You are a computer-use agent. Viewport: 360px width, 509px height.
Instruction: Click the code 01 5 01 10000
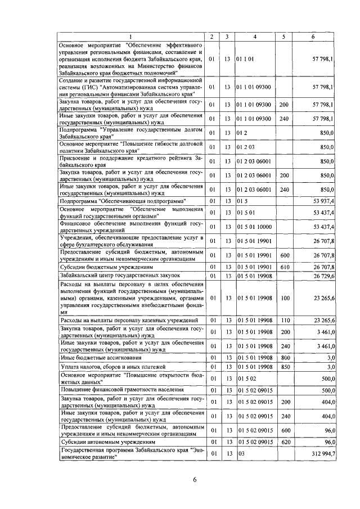tap(254, 226)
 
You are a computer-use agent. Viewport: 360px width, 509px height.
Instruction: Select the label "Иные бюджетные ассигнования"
tap(93, 358)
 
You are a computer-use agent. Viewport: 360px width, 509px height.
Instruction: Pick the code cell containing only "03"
tap(242, 453)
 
